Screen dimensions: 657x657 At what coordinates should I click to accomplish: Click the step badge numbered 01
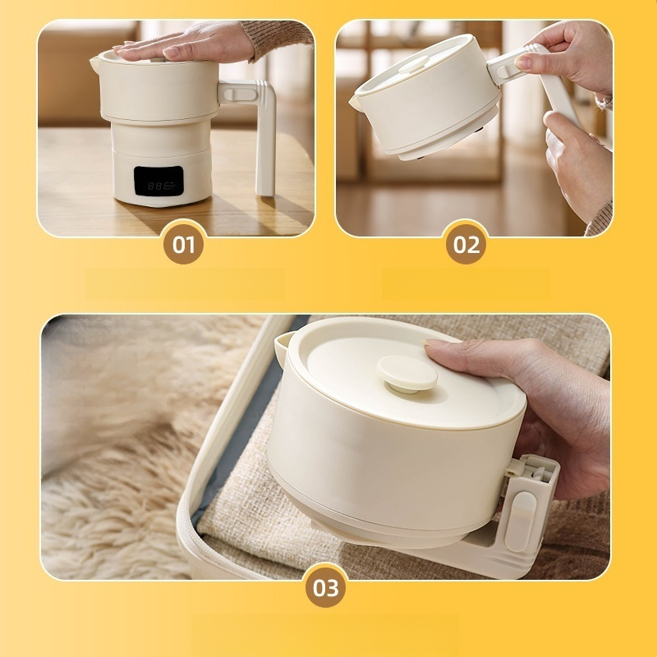(183, 244)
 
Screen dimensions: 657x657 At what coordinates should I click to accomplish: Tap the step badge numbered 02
(466, 244)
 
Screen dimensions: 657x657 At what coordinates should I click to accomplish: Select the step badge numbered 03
(325, 587)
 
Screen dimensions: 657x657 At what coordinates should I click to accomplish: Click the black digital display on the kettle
(159, 181)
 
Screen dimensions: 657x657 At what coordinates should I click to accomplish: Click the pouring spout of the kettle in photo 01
(94, 63)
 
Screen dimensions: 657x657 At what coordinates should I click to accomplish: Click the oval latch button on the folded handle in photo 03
(521, 521)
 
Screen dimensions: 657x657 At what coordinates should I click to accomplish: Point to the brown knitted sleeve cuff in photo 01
(278, 39)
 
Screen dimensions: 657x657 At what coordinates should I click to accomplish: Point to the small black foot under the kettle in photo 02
(479, 131)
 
